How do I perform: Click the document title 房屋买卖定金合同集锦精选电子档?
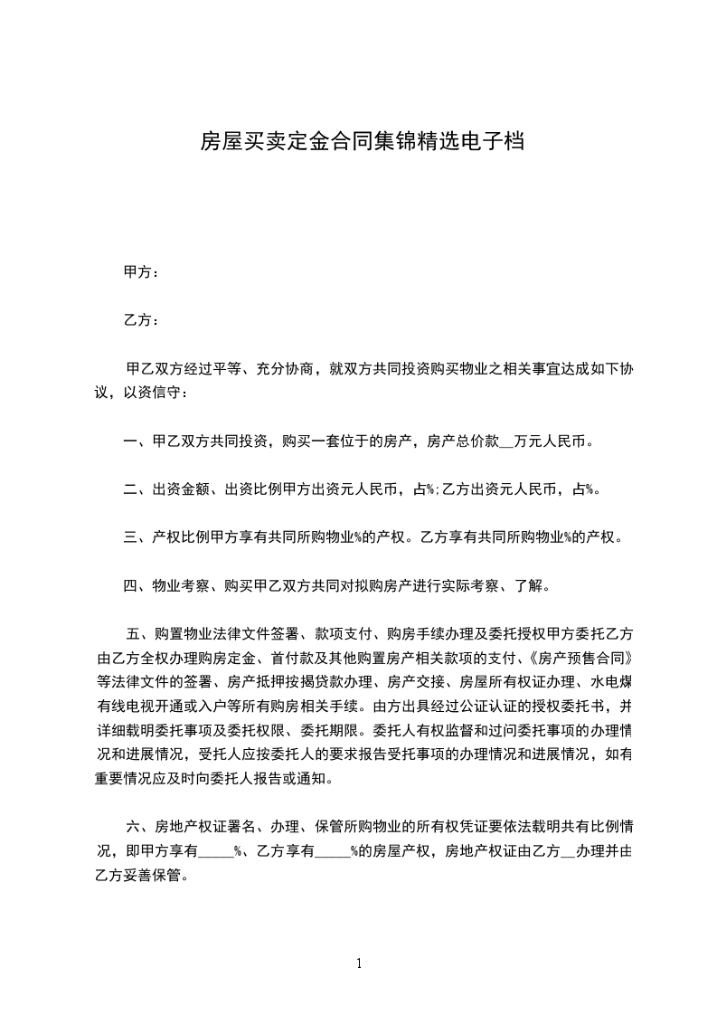click(362, 142)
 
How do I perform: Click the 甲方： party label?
click(141, 271)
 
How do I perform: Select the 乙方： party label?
click(141, 320)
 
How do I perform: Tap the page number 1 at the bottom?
click(359, 963)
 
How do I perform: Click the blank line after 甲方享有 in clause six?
click(216, 851)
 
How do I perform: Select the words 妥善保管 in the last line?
click(154, 875)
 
